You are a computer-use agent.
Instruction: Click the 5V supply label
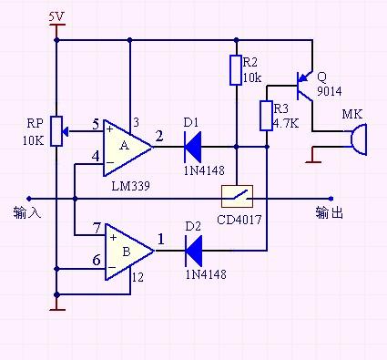pyautogui.click(x=56, y=16)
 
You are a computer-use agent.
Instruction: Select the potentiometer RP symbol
pyautogui.click(x=56, y=130)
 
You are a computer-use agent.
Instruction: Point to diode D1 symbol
pyautogui.click(x=191, y=144)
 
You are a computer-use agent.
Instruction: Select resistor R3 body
pyautogui.click(x=267, y=115)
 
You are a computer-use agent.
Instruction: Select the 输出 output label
pyautogui.click(x=329, y=212)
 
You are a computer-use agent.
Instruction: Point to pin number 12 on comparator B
pyautogui.click(x=137, y=277)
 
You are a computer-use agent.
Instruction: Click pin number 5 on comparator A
pyautogui.click(x=96, y=124)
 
